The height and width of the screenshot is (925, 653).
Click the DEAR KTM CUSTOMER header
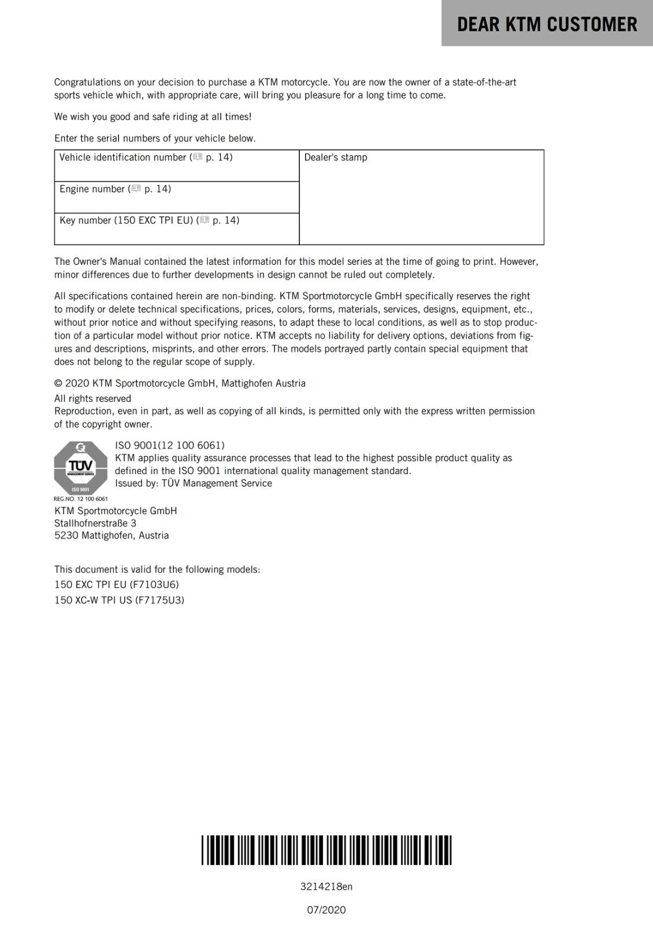[x=547, y=24]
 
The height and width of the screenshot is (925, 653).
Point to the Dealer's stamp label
[x=335, y=157]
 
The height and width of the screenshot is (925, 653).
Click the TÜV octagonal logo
[x=81, y=468]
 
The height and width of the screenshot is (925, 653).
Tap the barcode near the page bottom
[x=327, y=850]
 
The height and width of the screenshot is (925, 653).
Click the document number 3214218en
[x=326, y=886]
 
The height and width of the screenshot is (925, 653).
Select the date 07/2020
[x=326, y=910]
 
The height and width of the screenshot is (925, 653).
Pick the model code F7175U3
[x=159, y=600]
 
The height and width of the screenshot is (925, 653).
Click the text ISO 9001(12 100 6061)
[x=170, y=445]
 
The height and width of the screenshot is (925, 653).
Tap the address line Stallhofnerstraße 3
[x=95, y=523]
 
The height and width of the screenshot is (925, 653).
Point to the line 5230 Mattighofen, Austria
[x=112, y=535]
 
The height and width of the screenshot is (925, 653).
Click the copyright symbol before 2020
[x=58, y=383]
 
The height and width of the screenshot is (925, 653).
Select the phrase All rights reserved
[x=92, y=398]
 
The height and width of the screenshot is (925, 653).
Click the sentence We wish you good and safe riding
[x=153, y=117]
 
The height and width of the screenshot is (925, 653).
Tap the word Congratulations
[x=87, y=82]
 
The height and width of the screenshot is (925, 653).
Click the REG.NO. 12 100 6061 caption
[x=80, y=499]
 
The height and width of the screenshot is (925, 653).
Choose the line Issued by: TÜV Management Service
[x=193, y=483]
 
